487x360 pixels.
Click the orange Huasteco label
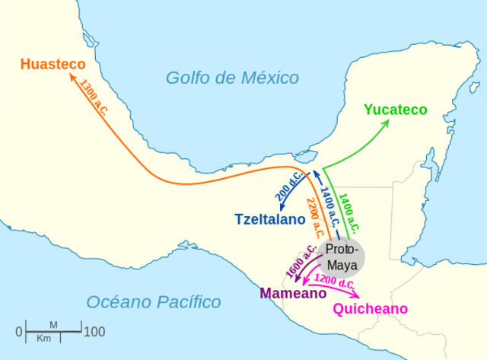pyautogui.click(x=53, y=64)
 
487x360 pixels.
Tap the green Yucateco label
pyautogui.click(x=395, y=110)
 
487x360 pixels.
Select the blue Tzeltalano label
pyautogui.click(x=269, y=218)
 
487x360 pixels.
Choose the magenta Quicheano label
pyautogui.click(x=370, y=308)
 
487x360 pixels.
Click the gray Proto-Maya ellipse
pyautogui.click(x=341, y=256)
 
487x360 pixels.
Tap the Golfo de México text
pyautogui.click(x=232, y=77)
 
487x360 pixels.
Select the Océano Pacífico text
pyautogui.click(x=153, y=302)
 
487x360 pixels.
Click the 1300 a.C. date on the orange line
pyautogui.click(x=95, y=97)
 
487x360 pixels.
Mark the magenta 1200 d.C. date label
pyautogui.click(x=336, y=282)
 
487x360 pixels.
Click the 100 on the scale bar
pyautogui.click(x=94, y=332)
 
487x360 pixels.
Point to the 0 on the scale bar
pyautogui.click(x=19, y=332)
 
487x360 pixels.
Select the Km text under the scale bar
pyautogui.click(x=44, y=338)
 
